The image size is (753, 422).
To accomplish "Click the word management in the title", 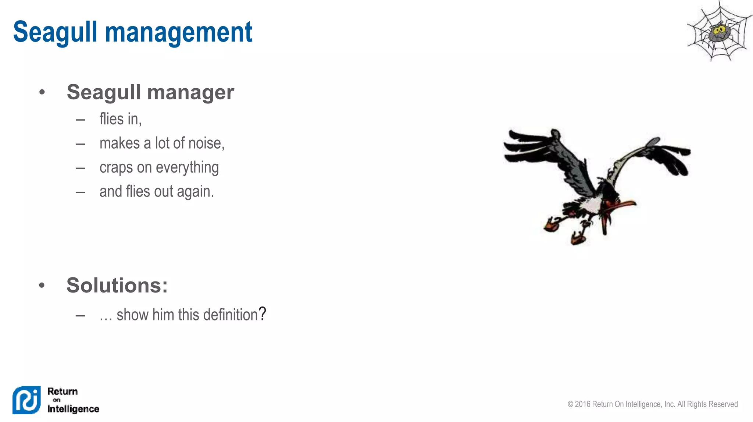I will [179, 32].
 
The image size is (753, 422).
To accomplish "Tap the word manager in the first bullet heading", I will [190, 92].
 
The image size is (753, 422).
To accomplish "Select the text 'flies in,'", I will [120, 119].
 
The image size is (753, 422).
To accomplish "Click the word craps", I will [116, 167].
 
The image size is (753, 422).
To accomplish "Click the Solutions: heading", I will [117, 285].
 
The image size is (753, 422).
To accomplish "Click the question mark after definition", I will [262, 314].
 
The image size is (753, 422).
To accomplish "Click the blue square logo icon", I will [26, 400].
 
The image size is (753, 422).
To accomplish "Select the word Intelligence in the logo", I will [73, 409].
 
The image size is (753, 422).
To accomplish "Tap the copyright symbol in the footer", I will [570, 404].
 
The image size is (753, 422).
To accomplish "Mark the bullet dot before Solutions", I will [42, 285].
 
